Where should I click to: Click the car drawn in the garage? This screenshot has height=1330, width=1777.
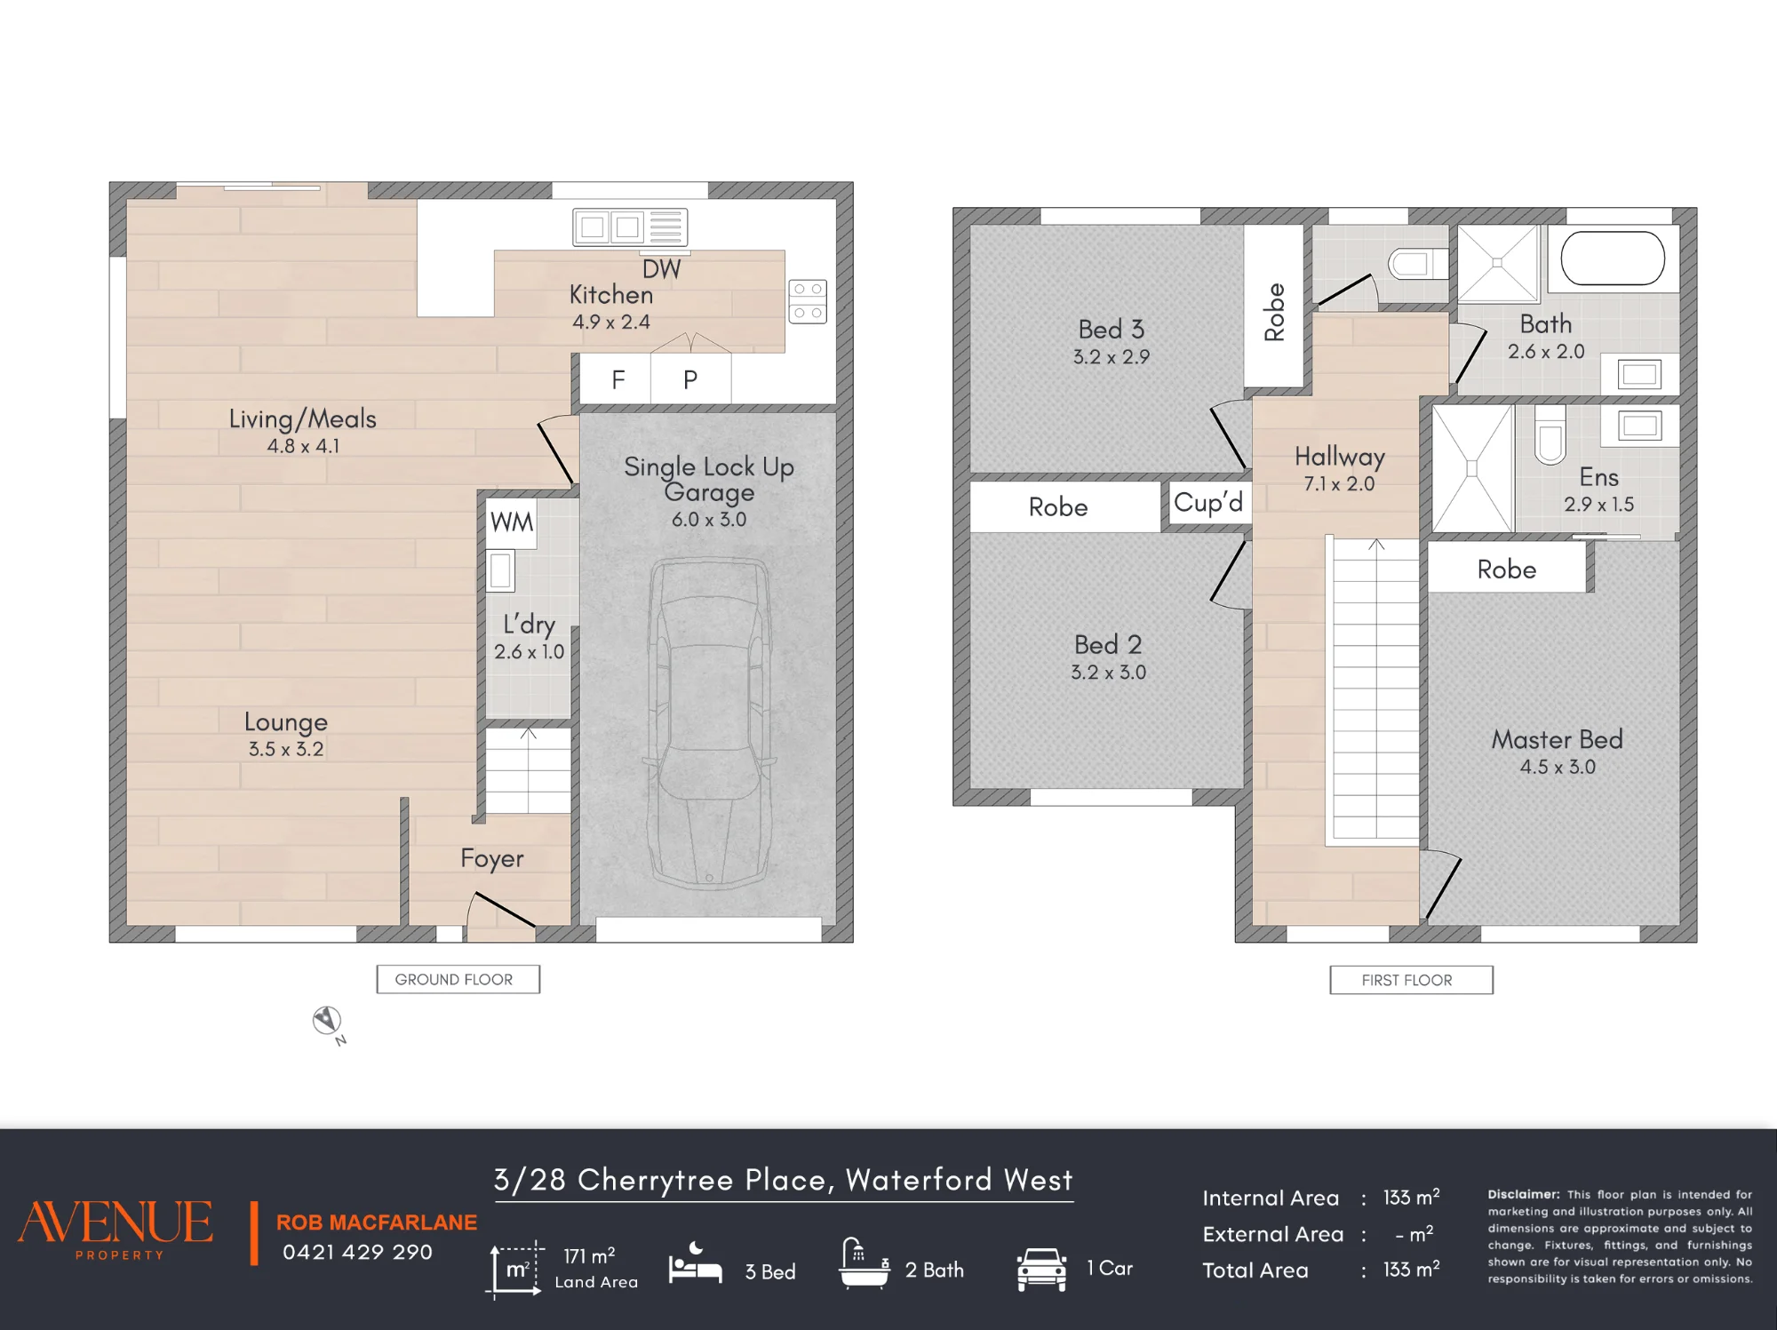pyautogui.click(x=709, y=722)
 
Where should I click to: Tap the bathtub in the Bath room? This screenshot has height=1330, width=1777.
pyautogui.click(x=1613, y=259)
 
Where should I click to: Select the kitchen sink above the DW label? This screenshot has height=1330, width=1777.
pyautogui.click(x=630, y=227)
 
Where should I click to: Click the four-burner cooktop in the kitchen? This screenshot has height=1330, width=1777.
pyautogui.click(x=808, y=301)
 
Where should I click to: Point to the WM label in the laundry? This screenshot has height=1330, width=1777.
pyautogui.click(x=512, y=522)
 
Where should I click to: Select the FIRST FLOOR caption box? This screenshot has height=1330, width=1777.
pyautogui.click(x=1411, y=980)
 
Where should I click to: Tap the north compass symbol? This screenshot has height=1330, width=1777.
pyautogui.click(x=327, y=1021)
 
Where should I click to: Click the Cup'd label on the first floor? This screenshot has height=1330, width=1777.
pyautogui.click(x=1208, y=503)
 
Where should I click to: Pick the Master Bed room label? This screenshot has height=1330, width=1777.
pyautogui.click(x=1557, y=739)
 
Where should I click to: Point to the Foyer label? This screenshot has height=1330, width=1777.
pyautogui.click(x=491, y=858)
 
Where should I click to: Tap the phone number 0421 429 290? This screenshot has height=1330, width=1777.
pyautogui.click(x=357, y=1252)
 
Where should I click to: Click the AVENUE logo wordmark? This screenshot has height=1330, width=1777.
pyautogui.click(x=116, y=1222)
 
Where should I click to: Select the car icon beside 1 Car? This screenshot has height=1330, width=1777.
pyautogui.click(x=1041, y=1269)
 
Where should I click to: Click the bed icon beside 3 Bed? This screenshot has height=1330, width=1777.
pyautogui.click(x=696, y=1264)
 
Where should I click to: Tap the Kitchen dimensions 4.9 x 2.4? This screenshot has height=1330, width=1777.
pyautogui.click(x=611, y=322)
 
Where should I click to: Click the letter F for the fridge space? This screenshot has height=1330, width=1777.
pyautogui.click(x=618, y=380)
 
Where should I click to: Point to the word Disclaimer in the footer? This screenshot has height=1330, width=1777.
pyautogui.click(x=1524, y=1194)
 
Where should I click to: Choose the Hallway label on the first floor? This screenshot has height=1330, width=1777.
pyautogui.click(x=1339, y=457)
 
